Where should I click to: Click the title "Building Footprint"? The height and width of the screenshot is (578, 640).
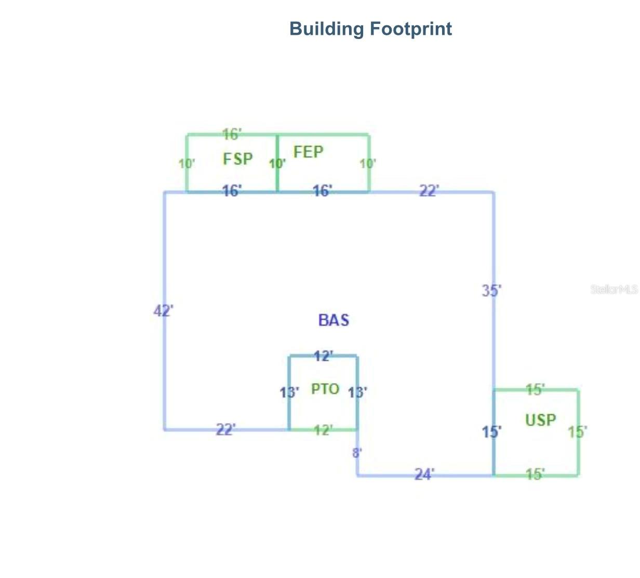pos(370,29)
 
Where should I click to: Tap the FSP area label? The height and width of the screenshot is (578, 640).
pos(238,159)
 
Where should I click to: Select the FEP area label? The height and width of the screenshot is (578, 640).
pos(309,152)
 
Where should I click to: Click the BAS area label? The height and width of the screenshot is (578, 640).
pos(334,320)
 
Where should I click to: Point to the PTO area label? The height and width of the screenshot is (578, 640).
pos(325,389)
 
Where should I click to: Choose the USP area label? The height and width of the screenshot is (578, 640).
pos(540,419)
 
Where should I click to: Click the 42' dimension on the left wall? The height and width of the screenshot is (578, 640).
pos(163,311)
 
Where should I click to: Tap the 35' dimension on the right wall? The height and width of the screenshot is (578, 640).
pos(491,291)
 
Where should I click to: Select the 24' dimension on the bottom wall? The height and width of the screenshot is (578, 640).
pos(424,474)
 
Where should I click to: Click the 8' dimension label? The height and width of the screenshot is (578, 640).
pos(357,453)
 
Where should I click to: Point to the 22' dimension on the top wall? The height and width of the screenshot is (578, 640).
pos(429,191)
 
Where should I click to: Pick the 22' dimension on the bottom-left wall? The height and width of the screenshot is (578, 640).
pos(225,429)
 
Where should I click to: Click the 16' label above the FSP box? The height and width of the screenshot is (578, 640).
pos(232,134)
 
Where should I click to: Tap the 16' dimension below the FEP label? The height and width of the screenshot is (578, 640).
pos(322,191)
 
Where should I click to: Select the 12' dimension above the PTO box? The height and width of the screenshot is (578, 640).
pos(323,356)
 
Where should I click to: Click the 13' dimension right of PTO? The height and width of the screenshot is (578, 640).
pos(357,392)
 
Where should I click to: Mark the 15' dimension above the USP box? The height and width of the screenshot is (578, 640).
pos(535,389)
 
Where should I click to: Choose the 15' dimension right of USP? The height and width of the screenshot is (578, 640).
pos(577,431)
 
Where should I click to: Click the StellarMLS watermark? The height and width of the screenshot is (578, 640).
pos(614,289)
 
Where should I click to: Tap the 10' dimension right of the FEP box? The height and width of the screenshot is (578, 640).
pos(368,164)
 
